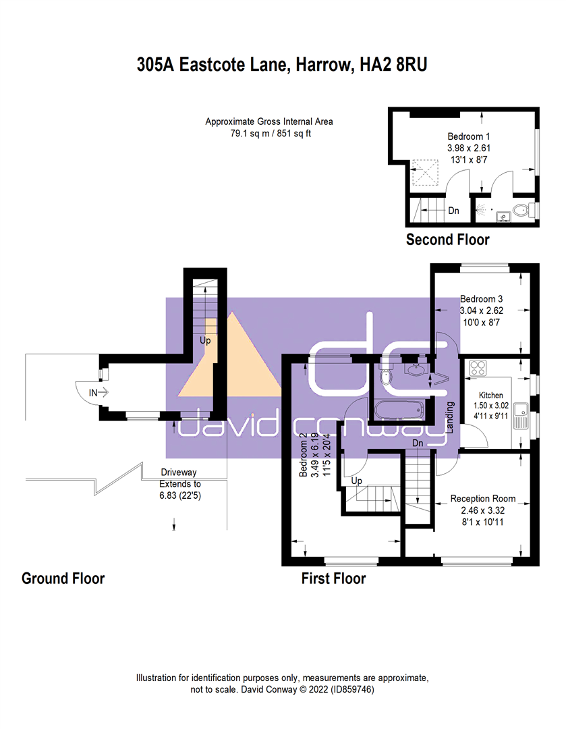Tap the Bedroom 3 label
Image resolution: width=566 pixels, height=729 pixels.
point(482,298)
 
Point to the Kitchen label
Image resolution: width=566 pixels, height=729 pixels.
point(490,395)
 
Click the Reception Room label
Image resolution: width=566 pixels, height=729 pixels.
point(482,499)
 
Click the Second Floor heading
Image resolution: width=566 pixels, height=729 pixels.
point(447,240)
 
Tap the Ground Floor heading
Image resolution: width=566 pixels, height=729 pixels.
point(63,578)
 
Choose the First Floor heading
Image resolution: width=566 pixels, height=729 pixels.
point(333,578)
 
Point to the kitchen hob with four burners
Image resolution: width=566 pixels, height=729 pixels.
point(478,368)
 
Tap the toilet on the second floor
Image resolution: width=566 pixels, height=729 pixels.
point(521,211)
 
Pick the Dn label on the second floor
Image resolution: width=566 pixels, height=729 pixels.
point(453,211)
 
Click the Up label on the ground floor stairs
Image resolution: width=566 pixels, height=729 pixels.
point(205,341)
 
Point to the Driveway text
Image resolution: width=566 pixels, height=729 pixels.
point(178,473)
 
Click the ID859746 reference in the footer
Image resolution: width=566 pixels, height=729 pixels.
point(343,690)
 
